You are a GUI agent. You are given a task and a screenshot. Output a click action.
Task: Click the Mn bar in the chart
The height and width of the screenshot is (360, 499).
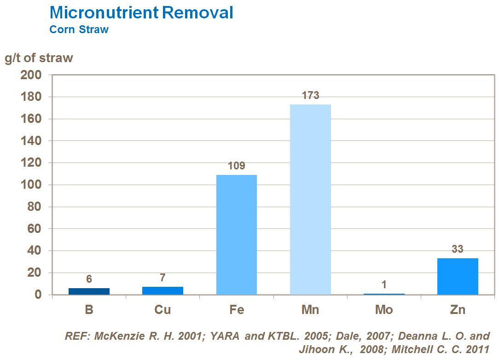(x=310, y=199)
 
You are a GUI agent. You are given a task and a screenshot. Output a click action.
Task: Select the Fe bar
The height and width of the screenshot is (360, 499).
(x=237, y=234)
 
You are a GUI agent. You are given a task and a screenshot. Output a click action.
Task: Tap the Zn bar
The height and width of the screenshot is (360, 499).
(x=458, y=276)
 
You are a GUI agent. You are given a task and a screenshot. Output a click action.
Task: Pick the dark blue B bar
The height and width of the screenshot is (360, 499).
(x=89, y=291)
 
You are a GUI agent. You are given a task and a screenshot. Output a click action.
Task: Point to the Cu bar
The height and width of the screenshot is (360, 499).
(x=163, y=290)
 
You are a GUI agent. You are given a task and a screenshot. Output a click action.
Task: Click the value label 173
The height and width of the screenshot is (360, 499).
(x=310, y=96)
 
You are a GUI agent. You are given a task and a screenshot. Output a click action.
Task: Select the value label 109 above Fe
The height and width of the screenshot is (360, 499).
(x=237, y=166)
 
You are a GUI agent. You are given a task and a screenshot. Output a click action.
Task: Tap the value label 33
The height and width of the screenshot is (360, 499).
(x=458, y=250)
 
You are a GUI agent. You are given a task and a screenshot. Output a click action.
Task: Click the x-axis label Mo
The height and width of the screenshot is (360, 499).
(x=384, y=310)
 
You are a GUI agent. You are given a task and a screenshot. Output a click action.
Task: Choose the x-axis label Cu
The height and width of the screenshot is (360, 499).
(x=163, y=310)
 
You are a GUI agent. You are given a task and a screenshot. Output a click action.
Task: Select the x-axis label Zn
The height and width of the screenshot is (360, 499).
(x=458, y=310)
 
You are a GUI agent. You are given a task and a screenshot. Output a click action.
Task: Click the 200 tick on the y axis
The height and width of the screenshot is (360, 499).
(x=31, y=75)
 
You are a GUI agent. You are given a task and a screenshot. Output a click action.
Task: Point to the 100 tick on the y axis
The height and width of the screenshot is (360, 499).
(x=31, y=185)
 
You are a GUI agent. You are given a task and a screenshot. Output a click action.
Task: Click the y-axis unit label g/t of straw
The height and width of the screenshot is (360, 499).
(x=39, y=58)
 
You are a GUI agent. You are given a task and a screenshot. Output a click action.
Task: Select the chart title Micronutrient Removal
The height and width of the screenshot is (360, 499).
(x=141, y=12)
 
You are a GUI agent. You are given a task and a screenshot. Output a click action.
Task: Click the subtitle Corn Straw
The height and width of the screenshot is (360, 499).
(x=79, y=29)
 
